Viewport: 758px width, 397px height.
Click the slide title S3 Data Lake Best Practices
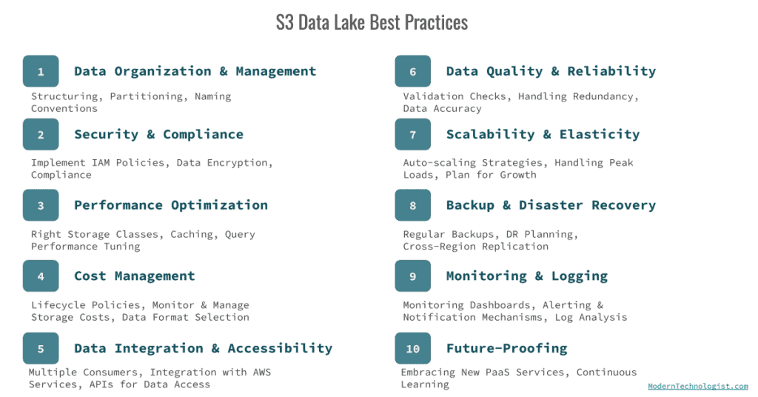[372, 22]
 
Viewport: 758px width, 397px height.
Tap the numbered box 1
[41, 72]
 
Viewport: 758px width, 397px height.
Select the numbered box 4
[41, 276]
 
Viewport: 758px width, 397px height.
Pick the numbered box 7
[413, 135]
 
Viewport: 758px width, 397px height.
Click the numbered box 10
[413, 349]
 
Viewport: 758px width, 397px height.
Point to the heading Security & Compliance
[158, 135]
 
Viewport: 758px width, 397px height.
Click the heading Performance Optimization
[171, 205]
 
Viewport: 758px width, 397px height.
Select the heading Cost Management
[135, 276]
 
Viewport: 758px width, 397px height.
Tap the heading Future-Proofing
[506, 349]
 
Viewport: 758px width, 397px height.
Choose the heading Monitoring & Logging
[526, 276]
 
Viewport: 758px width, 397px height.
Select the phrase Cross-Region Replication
[475, 246]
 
